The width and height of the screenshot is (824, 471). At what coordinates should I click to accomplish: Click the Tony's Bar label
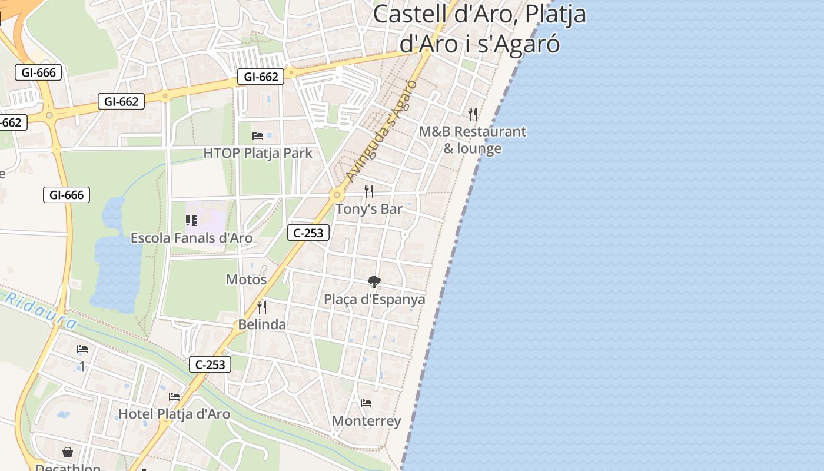point(369,209)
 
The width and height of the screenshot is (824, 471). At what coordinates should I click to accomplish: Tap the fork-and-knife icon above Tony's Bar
point(369,191)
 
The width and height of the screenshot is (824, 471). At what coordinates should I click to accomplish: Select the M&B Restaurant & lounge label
point(472,140)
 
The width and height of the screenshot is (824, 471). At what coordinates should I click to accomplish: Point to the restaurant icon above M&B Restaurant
point(473,114)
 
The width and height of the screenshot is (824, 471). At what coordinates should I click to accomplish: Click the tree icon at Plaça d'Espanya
point(374,282)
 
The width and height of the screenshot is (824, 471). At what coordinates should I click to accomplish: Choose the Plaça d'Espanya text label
point(374,300)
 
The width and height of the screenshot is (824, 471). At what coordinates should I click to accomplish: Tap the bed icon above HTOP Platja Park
point(258,136)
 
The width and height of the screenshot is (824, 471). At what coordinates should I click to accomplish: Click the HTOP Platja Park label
point(258,153)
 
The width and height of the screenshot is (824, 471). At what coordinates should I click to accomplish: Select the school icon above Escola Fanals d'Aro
point(191,221)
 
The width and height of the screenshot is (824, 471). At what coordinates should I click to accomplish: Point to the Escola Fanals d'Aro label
point(191,238)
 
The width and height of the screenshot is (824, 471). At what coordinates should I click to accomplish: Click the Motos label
point(247,280)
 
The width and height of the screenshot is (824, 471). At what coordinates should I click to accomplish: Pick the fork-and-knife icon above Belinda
point(262,307)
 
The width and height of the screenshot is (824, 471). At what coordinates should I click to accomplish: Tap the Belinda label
point(262,324)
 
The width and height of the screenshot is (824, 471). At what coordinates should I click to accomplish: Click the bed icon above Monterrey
point(366,403)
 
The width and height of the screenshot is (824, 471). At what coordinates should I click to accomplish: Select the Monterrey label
point(366,421)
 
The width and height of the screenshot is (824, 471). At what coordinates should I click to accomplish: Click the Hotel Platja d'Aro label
point(174,414)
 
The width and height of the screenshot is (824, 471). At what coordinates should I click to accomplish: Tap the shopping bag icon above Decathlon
point(68,452)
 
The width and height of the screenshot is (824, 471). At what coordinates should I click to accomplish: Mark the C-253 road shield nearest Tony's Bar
point(308,233)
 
